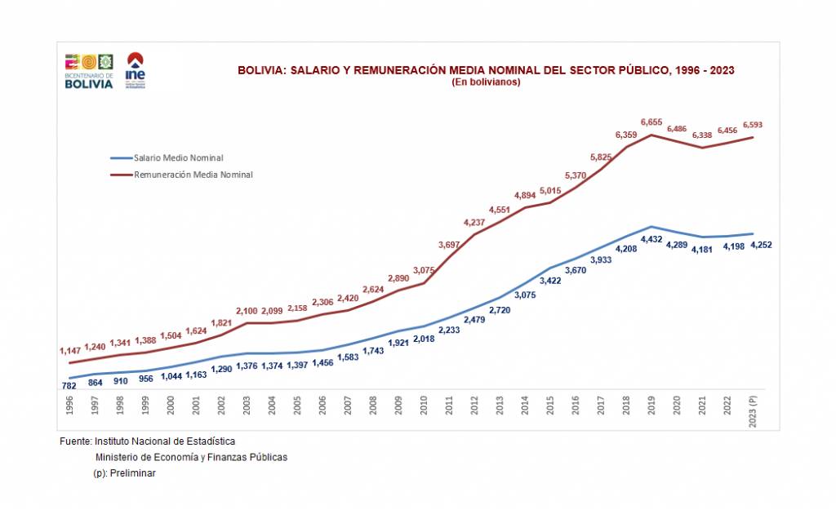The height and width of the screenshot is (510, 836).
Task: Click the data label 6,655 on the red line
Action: click(651, 122)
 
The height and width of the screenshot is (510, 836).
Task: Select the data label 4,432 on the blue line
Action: click(651, 239)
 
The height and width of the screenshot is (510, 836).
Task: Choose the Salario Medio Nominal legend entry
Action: click(178, 158)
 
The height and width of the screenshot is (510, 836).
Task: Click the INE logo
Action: click(136, 69)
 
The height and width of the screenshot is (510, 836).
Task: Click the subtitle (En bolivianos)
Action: click(486, 82)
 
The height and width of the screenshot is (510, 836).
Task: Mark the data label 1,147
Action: click(70, 351)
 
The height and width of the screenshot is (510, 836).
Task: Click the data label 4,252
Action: click(762, 245)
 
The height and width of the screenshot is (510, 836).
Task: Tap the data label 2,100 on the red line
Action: click(247, 311)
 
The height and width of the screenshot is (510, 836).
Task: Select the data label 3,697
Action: click(449, 245)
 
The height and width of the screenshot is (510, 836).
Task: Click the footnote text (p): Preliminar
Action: click(124, 473)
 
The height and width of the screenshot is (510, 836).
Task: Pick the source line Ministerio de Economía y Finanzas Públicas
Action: click(191, 457)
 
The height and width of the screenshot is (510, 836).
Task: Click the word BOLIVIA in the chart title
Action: click(260, 70)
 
